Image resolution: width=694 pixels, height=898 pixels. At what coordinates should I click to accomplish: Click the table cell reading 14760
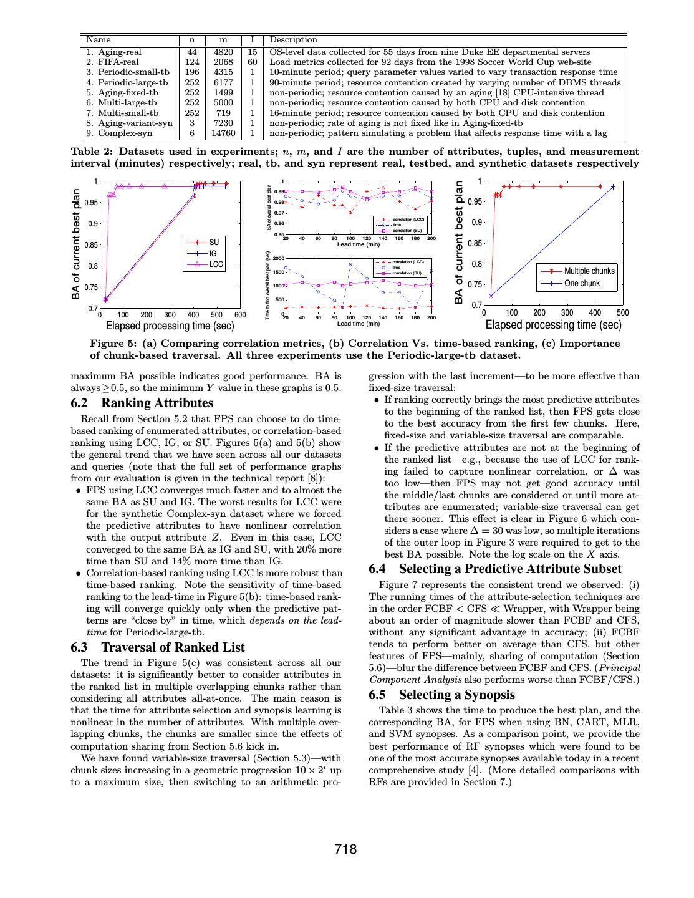223,133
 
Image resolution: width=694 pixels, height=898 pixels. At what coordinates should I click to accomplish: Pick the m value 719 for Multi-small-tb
223,113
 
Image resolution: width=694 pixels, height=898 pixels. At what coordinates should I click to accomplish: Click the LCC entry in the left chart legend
216,264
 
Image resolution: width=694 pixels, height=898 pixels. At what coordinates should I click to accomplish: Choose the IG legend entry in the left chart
213,254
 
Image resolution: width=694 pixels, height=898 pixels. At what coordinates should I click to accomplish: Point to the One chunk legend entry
582,283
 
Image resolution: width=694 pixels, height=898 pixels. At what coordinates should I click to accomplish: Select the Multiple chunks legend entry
589,271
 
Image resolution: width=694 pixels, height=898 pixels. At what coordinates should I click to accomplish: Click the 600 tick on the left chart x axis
240,315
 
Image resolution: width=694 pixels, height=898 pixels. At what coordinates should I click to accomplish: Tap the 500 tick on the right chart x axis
622,312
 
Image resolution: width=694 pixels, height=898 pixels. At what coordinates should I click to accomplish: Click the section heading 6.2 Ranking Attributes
142,403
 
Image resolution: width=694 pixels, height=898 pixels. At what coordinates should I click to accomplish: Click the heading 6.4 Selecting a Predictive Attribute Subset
495,569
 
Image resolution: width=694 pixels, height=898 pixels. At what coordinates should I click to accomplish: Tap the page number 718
345,849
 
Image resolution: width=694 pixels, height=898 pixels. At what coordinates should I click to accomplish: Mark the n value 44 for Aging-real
192,52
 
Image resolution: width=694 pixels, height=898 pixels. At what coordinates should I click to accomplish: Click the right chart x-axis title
553,324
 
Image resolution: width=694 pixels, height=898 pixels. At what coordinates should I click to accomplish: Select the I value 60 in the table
252,62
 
